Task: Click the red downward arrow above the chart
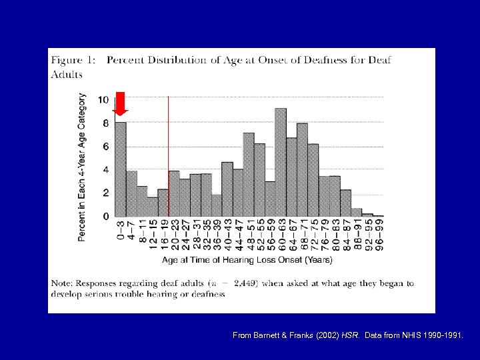tap(120, 103)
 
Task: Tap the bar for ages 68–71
tap(302, 169)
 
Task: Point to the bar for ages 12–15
tap(152, 207)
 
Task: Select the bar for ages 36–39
tap(217, 205)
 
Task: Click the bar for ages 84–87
tap(345, 203)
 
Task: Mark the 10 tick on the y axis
tap(103, 100)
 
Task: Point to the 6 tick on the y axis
tap(105, 147)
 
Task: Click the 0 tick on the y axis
tap(105, 217)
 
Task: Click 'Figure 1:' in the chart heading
tap(74, 60)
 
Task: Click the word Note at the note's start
tap(63, 283)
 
